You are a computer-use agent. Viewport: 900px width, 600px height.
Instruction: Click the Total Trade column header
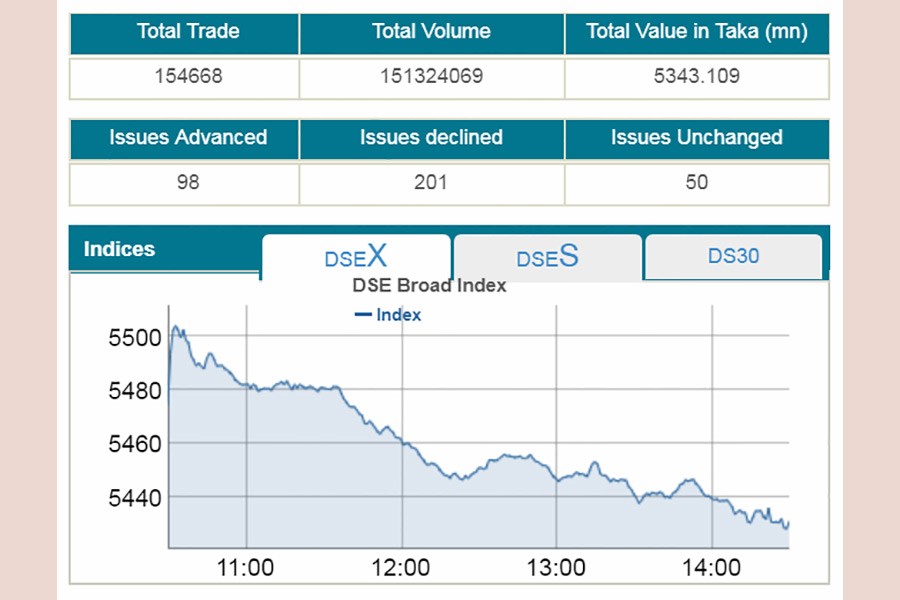click(188, 32)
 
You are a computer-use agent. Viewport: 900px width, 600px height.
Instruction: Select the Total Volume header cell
click(431, 32)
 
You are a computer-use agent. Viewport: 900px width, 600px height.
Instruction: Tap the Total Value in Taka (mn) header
click(696, 32)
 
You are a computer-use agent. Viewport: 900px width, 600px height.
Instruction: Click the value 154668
click(188, 76)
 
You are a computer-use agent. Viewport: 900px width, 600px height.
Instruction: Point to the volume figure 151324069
click(431, 76)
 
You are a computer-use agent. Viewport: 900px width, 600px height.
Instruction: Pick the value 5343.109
click(696, 76)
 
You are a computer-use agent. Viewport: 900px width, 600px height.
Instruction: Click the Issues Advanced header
click(188, 138)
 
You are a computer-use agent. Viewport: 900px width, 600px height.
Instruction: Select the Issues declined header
click(431, 138)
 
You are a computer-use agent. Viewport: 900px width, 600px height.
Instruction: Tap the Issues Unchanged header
click(696, 138)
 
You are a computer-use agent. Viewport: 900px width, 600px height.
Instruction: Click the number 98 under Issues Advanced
click(188, 182)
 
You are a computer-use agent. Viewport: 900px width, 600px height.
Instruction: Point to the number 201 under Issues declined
click(431, 182)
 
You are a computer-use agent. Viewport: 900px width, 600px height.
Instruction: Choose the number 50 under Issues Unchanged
click(696, 182)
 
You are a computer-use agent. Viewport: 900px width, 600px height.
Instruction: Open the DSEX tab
click(355, 257)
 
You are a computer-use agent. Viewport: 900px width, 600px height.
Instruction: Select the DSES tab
click(547, 258)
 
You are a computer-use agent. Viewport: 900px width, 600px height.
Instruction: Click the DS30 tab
click(733, 256)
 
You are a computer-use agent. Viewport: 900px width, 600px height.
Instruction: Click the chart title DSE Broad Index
click(429, 286)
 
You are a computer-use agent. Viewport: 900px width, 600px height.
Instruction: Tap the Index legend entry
click(390, 315)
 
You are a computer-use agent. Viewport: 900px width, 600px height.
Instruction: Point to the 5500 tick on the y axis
click(135, 338)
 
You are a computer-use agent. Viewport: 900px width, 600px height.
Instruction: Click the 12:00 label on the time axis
click(400, 568)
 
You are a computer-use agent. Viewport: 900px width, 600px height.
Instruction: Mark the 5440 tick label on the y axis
click(135, 496)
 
